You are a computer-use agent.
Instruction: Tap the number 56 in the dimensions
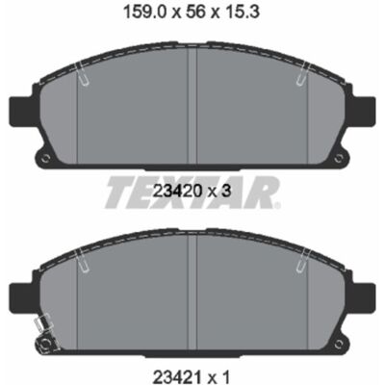[195, 13]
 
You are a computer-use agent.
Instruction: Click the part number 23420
[177, 192]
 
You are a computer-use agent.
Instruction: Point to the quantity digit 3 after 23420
[226, 192]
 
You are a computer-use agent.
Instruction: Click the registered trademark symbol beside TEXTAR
[277, 205]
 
